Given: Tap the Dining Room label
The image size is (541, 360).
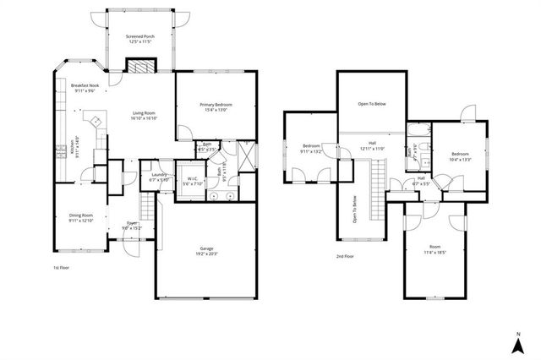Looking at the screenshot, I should point(80,215).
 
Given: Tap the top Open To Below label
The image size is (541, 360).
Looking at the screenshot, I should point(372,104).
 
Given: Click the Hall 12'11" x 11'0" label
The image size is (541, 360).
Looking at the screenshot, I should point(373,146).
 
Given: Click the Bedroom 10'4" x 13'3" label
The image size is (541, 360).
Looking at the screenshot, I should point(461,155).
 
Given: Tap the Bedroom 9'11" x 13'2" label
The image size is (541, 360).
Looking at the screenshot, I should point(311,150).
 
